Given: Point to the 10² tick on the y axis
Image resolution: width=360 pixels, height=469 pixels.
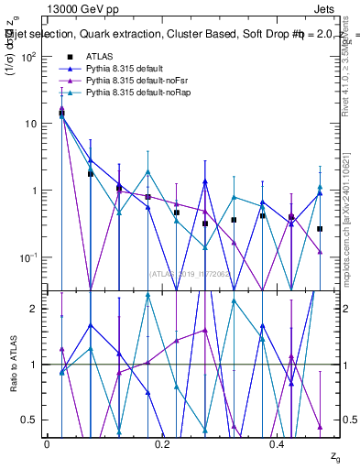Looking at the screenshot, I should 28,57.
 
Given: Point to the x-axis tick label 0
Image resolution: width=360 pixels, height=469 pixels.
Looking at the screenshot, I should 47,443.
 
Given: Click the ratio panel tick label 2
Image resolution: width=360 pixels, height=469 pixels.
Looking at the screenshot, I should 35,309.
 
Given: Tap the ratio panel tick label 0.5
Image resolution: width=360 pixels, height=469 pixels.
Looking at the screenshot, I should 30,420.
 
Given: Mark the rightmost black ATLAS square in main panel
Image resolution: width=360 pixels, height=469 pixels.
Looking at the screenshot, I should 320,229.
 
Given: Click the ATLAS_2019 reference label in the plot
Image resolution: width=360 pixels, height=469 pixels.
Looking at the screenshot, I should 183,272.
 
